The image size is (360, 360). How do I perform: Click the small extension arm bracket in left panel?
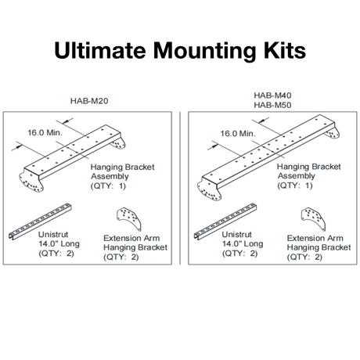[126, 219]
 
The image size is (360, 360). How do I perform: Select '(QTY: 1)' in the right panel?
[298, 186]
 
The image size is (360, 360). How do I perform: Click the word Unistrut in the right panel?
[238, 234]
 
